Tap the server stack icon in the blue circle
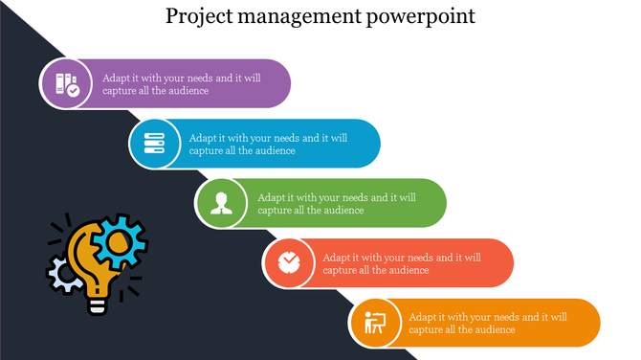click(x=154, y=144)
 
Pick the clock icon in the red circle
click(x=288, y=262)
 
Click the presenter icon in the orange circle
click(x=374, y=323)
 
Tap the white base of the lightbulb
click(x=97, y=304)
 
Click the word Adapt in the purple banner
click(x=118, y=78)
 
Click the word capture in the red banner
click(x=342, y=270)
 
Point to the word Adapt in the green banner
click(x=275, y=197)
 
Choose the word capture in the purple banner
click(x=121, y=91)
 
